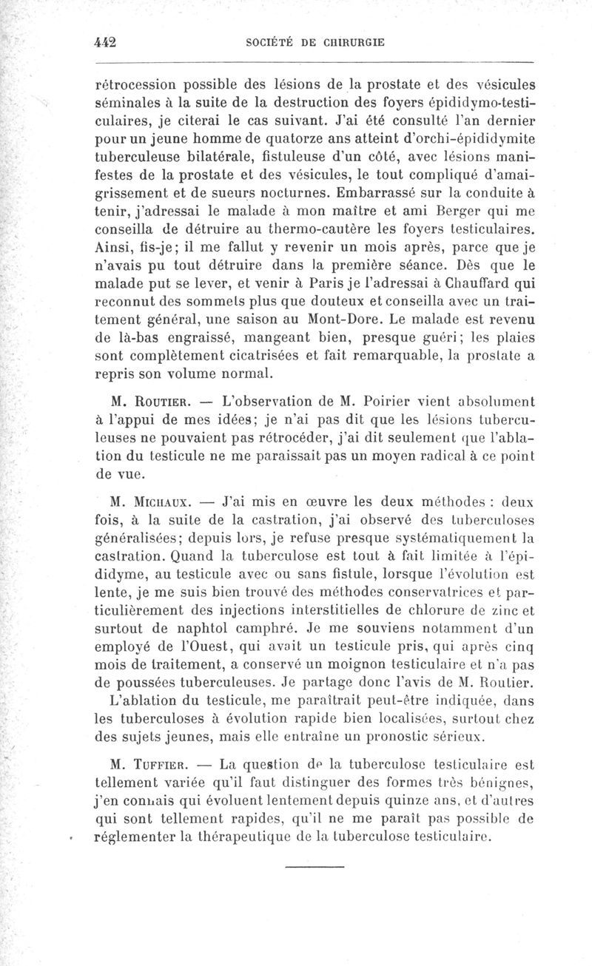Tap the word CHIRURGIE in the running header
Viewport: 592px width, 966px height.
351,42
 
